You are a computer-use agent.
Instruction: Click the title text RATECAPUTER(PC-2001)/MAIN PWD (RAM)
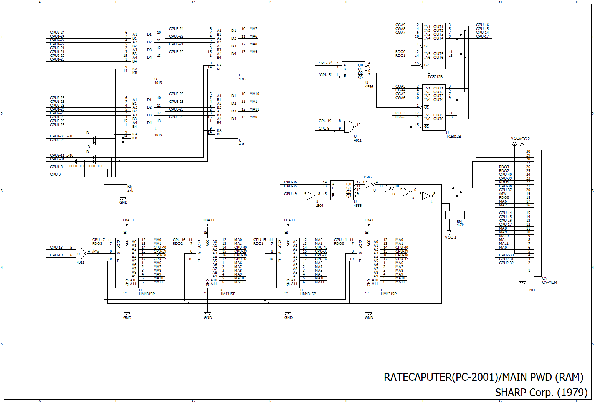[x=483, y=377]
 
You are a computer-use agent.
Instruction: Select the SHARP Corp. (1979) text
[x=541, y=392]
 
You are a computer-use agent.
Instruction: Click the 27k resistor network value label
[x=130, y=190]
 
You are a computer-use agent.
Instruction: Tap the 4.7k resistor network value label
[x=460, y=225]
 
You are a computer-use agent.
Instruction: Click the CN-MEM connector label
[x=549, y=282]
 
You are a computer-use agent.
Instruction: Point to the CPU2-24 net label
[x=57, y=32]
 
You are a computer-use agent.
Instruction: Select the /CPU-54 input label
[x=326, y=74]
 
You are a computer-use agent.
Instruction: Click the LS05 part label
[x=368, y=177]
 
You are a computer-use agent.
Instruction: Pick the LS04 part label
[x=319, y=206]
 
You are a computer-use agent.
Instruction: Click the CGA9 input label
[x=400, y=25]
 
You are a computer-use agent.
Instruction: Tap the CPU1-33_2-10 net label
[x=62, y=136]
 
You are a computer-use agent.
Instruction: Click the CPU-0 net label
[x=55, y=175]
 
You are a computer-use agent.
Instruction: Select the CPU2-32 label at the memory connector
[x=506, y=263]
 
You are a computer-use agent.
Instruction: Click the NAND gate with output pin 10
[x=349, y=127]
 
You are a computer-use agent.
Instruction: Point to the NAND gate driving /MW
[x=81, y=253]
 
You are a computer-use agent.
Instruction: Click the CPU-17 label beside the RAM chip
[x=99, y=239]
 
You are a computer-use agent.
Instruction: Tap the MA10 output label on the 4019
[x=254, y=94]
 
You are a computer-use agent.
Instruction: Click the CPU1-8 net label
[x=56, y=167]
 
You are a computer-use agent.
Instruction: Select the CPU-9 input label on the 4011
[x=324, y=128]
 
